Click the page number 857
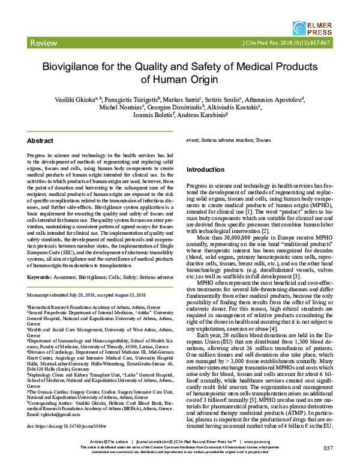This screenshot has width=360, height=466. coord(327,447)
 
